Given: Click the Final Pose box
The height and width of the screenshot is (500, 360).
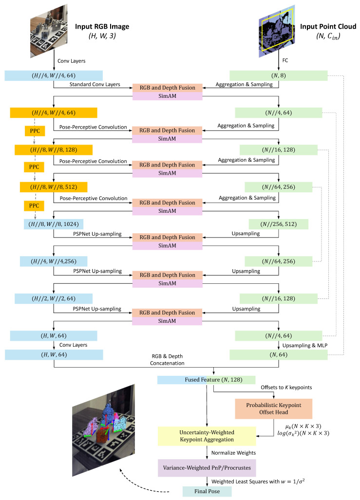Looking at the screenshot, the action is click(207, 491).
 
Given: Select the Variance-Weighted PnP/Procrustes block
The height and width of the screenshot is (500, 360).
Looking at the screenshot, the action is click(207, 468).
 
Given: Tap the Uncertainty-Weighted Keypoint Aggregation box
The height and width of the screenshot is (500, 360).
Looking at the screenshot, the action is click(207, 436).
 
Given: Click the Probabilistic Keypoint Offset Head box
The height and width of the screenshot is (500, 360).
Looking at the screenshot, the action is click(273, 408).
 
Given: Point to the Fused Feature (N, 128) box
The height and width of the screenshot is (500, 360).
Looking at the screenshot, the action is click(206, 380).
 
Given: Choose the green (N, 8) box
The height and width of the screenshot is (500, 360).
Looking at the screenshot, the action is click(278, 75).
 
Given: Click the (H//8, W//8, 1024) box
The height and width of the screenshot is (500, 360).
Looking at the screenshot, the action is click(54, 224).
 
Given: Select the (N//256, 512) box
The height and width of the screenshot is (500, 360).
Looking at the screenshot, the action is click(278, 224).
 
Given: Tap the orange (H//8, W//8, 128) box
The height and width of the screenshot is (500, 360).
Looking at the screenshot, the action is click(54, 150).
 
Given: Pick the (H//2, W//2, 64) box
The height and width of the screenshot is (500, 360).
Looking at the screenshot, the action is click(54, 298).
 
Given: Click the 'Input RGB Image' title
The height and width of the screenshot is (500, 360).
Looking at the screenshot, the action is click(102, 26).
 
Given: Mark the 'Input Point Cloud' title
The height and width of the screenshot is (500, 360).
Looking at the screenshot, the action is click(328, 26).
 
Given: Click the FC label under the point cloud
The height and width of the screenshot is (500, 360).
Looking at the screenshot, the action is click(285, 60).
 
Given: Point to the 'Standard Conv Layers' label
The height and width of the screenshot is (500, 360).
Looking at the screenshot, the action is click(95, 85).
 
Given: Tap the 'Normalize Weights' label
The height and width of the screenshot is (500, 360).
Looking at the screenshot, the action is click(234, 453).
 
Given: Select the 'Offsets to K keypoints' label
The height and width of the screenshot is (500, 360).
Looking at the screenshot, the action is click(286, 388).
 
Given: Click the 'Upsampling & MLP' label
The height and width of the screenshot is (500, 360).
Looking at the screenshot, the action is click(305, 345).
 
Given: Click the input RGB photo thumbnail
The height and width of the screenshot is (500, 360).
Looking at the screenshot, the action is click(49, 31).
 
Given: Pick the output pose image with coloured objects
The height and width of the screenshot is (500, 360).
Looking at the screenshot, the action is click(103, 430).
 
